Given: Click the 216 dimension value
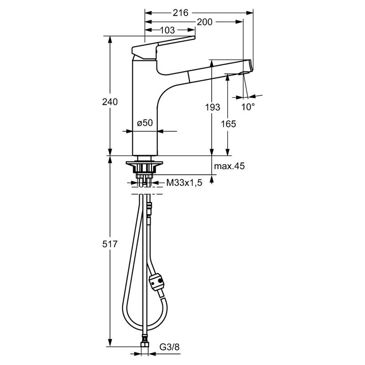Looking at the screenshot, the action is point(180,13).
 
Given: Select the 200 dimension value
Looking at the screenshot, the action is point(204,22).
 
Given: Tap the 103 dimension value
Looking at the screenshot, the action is point(167,30).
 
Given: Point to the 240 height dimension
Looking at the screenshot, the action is point(110,102).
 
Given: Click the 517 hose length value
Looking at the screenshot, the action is point(110,244).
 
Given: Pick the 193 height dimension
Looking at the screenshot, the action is point(213,107).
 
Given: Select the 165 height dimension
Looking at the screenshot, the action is point(229,124).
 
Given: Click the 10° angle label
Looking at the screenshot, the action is point(248,107).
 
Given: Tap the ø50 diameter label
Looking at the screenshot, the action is point(145,123).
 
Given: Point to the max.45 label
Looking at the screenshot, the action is point(229,166).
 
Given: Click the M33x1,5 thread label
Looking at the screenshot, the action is point(184,183).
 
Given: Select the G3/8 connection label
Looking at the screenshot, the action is point(169,347).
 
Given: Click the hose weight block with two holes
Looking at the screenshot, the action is point(157,282).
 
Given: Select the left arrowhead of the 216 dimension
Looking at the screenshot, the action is point(148,13).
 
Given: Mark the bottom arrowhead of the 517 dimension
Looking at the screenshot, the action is point(110,343).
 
